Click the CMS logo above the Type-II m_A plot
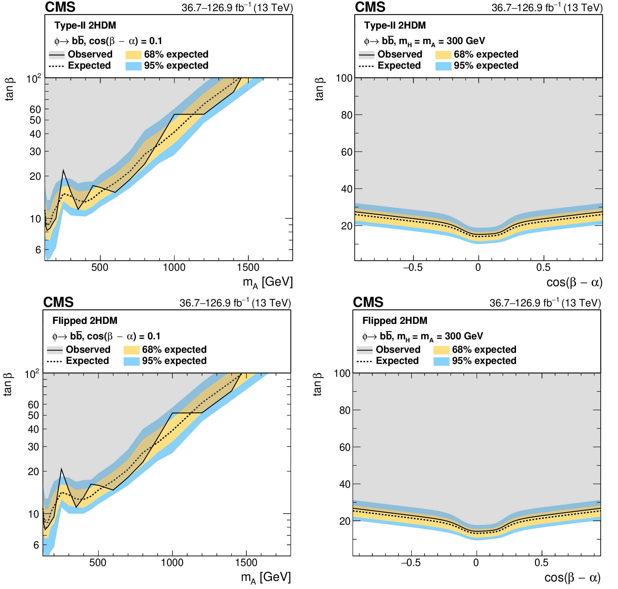tap(60, 7)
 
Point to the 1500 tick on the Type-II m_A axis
tap(248, 267)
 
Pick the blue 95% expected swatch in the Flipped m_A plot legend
tap(131, 361)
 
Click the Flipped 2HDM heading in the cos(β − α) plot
tap(395, 321)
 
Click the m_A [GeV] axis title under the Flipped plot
tap(266, 577)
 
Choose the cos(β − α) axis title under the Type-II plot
tap(574, 282)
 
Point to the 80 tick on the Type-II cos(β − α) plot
tap(347, 115)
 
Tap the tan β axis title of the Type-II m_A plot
tap(9, 89)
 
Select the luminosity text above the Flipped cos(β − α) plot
tap(545, 303)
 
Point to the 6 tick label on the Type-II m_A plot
tap(38, 250)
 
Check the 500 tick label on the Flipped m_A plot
tap(98, 562)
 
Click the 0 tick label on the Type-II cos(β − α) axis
tap(478, 267)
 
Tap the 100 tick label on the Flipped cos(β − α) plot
tap(342, 373)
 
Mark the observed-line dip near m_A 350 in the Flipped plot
tap(76, 507)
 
